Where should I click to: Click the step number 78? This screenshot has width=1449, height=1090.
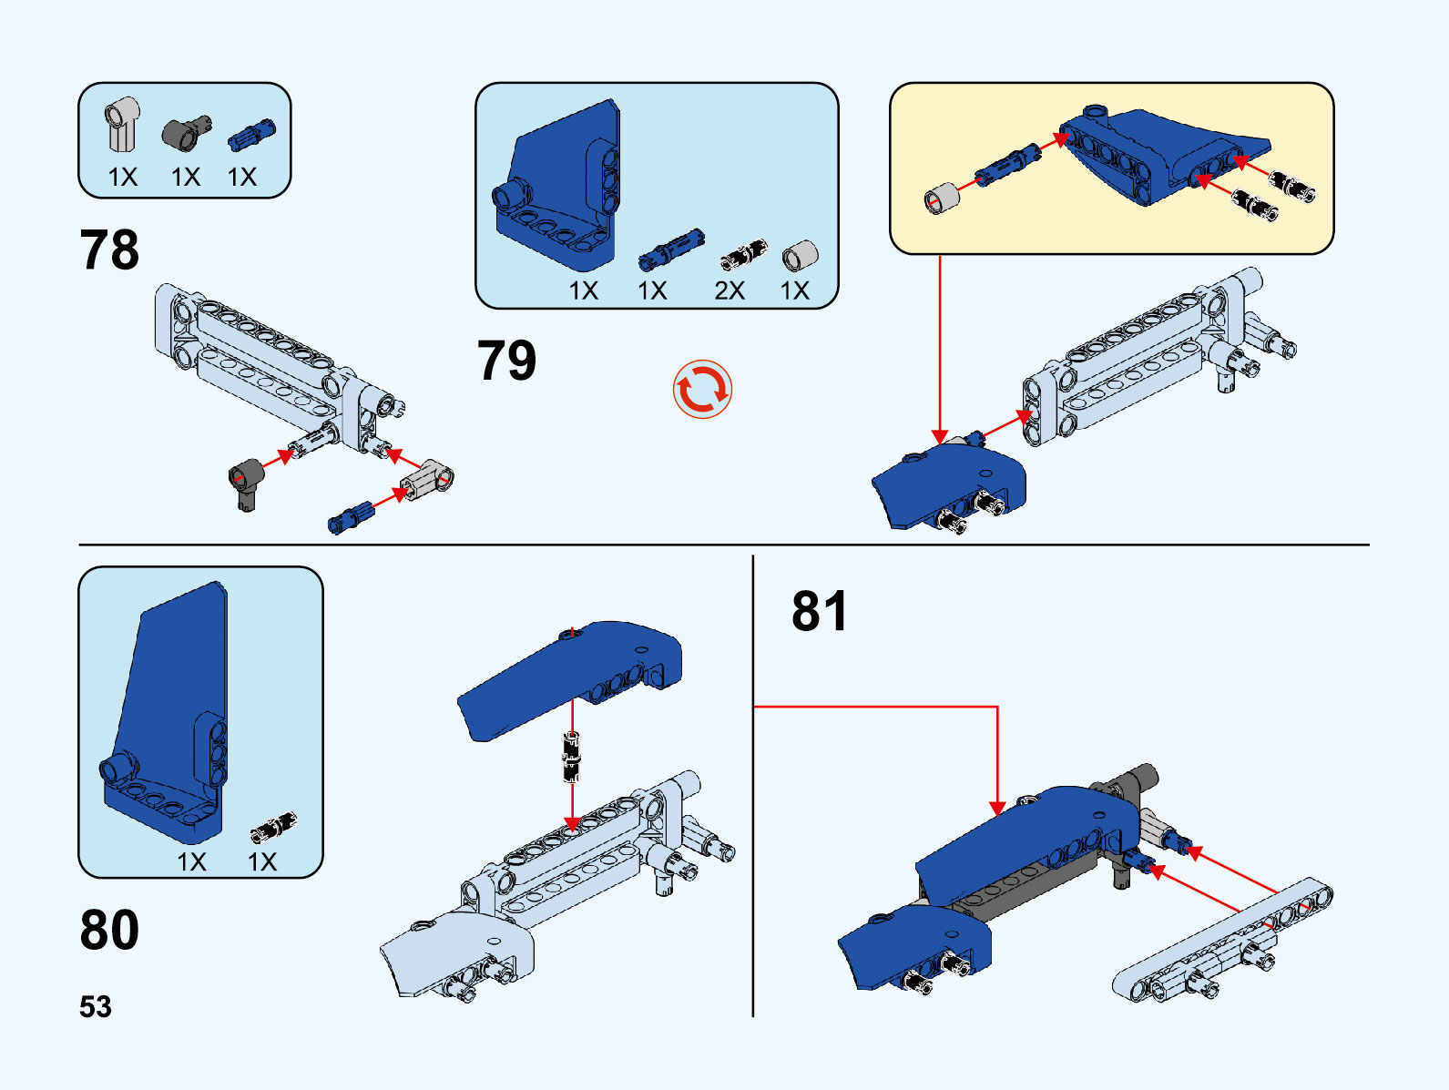109,250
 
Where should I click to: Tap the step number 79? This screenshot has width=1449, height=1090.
506,361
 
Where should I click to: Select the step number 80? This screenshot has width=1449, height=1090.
109,930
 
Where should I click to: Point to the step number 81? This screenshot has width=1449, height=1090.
820,611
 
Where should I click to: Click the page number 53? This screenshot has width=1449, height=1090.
96,1007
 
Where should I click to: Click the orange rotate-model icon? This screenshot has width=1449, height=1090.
702,390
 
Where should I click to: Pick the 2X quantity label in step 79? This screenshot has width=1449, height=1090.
730,290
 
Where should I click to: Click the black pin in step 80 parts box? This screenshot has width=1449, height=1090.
273,827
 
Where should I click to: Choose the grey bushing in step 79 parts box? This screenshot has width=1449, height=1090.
800,257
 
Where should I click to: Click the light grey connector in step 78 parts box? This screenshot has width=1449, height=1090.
122,124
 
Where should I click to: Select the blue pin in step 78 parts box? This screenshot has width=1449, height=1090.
250,134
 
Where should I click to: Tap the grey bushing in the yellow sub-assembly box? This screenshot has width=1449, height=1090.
942,198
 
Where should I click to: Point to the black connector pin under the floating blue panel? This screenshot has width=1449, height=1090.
571,757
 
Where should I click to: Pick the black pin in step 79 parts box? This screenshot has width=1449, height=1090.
743,256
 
